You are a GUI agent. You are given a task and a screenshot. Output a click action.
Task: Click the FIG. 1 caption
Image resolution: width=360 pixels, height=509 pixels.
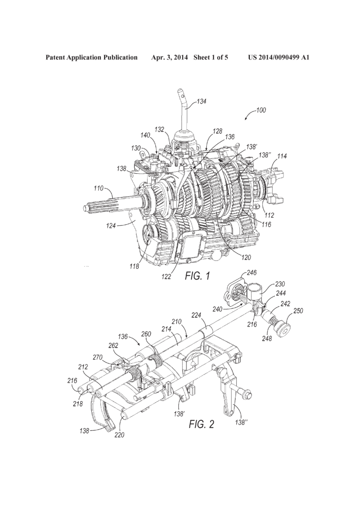click(197, 276)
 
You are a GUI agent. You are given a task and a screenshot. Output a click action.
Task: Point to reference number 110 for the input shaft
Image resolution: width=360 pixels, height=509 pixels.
click(98, 188)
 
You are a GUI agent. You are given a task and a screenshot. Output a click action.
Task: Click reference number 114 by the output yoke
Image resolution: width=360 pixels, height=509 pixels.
click(282, 156)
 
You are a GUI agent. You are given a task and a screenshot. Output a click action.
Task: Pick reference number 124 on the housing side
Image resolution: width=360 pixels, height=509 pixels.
click(112, 226)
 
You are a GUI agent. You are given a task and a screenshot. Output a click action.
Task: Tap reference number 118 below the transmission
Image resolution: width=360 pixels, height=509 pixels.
click(134, 266)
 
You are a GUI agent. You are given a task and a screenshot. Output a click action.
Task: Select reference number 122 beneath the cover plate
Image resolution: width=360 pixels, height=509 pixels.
click(167, 277)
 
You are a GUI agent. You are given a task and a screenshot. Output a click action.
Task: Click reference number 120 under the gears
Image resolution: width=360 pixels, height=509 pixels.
click(246, 257)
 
